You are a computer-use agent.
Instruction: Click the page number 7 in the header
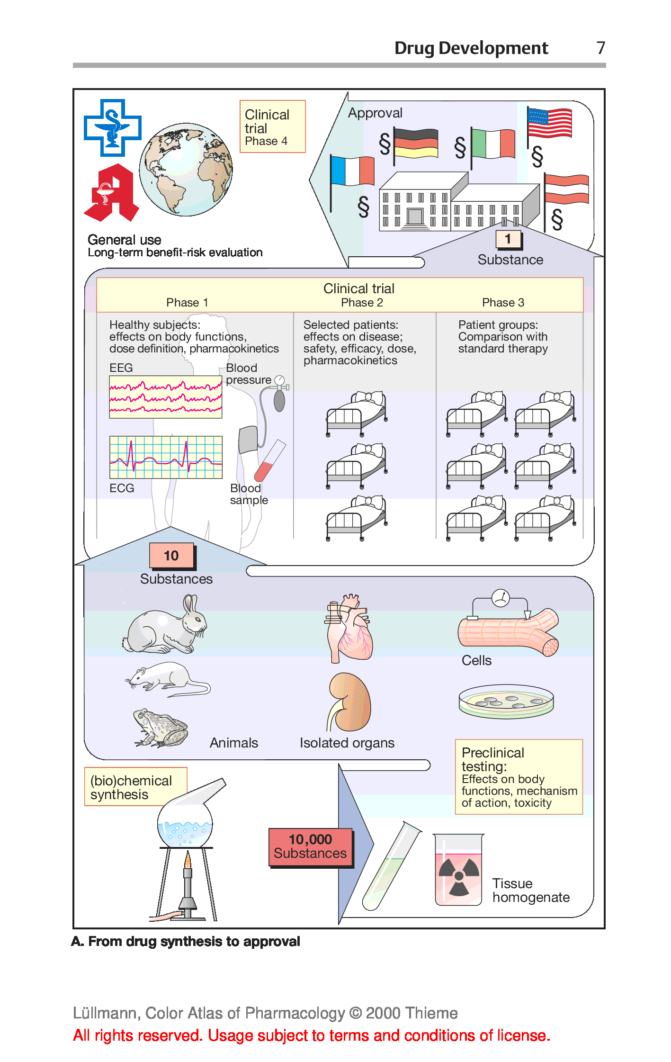pyautogui.click(x=600, y=48)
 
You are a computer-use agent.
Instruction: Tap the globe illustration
pyautogui.click(x=186, y=170)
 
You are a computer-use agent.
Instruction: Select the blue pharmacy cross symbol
pyautogui.click(x=113, y=127)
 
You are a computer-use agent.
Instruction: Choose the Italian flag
pyautogui.click(x=493, y=144)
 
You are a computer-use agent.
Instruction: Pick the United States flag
pyautogui.click(x=550, y=123)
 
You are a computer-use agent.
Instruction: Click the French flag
pyautogui.click(x=352, y=171)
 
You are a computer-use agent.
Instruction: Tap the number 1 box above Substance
pyautogui.click(x=508, y=239)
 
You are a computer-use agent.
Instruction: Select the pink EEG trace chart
pyautogui.click(x=166, y=397)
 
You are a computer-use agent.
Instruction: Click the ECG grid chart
pyautogui.click(x=166, y=457)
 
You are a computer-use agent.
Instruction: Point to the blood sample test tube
pyautogui.click(x=270, y=460)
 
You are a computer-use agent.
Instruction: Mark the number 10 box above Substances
pyautogui.click(x=171, y=555)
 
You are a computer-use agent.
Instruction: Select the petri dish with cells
pyautogui.click(x=506, y=701)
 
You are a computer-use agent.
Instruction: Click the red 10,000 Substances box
pyautogui.click(x=311, y=847)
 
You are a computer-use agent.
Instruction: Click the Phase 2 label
pyautogui.click(x=362, y=303)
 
